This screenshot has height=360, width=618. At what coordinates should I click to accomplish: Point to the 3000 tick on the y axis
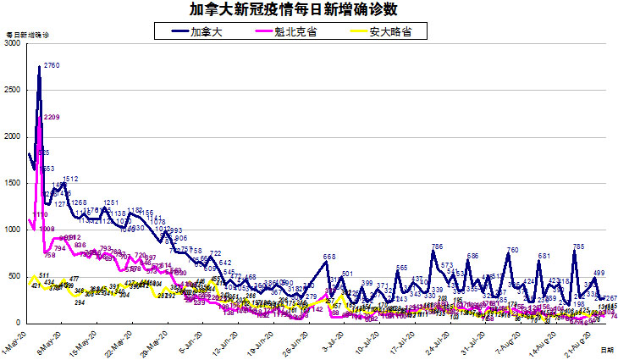point(12,43)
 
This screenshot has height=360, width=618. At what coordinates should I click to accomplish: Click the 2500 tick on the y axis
point(12,90)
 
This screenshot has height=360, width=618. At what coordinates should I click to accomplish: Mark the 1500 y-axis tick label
point(12,183)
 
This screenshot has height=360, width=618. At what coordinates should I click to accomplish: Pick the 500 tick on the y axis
point(14,276)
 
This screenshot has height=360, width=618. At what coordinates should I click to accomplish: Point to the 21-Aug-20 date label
point(577,341)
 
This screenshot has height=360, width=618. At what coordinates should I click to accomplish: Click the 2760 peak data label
point(51,66)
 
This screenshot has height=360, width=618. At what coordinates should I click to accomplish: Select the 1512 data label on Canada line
point(70,179)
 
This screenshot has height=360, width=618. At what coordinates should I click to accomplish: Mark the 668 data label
point(330,257)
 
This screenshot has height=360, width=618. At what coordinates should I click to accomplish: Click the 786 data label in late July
point(437,246)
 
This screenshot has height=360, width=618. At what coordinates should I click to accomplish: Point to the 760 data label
point(512,250)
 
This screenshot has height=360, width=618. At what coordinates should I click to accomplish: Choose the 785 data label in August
point(579,246)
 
